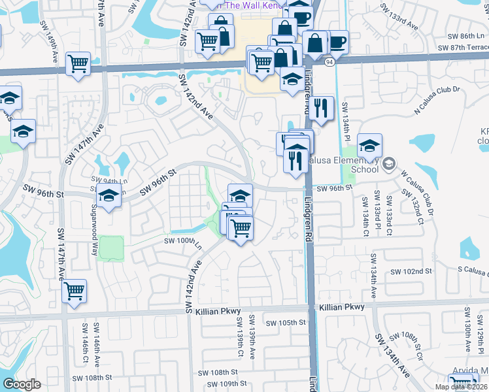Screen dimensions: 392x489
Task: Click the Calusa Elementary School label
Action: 356,164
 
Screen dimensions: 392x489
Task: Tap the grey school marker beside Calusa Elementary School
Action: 390,163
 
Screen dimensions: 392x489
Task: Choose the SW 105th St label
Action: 286,323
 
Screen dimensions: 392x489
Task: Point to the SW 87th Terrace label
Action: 462,48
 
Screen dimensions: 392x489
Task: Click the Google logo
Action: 22,384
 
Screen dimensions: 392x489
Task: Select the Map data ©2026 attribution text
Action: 462,387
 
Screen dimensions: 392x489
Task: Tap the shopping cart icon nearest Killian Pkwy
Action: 74,291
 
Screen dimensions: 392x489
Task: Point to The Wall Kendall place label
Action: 251,5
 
